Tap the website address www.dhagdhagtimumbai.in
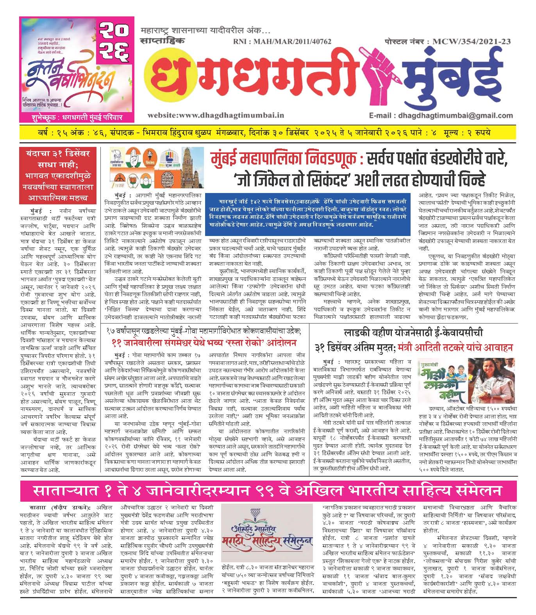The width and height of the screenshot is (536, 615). click(216, 115)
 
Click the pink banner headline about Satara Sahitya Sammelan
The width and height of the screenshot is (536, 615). click(268, 492)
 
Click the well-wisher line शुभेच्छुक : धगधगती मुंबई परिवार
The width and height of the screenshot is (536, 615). click(77, 117)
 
